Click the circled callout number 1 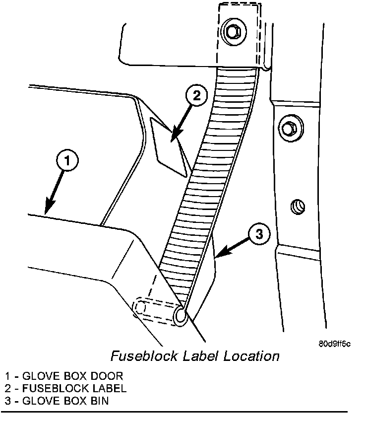click(x=68, y=162)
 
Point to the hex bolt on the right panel click(x=288, y=128)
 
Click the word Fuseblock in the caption click(x=139, y=356)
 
